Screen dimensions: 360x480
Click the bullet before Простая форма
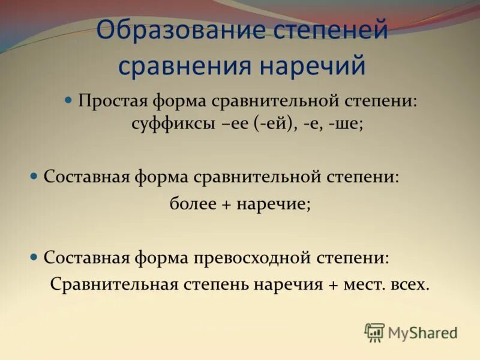click(68, 98)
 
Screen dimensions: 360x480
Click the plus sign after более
click(227, 204)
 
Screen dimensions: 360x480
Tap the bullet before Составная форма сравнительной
click(34, 176)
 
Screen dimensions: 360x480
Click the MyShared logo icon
click(374, 332)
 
